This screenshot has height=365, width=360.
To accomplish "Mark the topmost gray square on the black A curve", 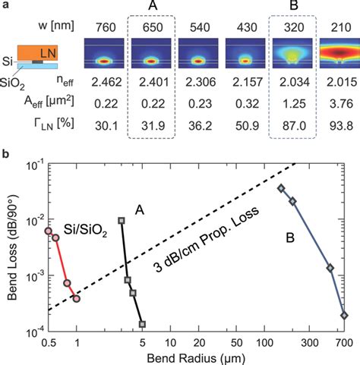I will (x=122, y=221).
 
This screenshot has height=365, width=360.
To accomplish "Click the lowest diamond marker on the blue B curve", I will (x=344, y=315).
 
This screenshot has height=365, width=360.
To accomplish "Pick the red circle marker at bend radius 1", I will (x=77, y=298).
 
